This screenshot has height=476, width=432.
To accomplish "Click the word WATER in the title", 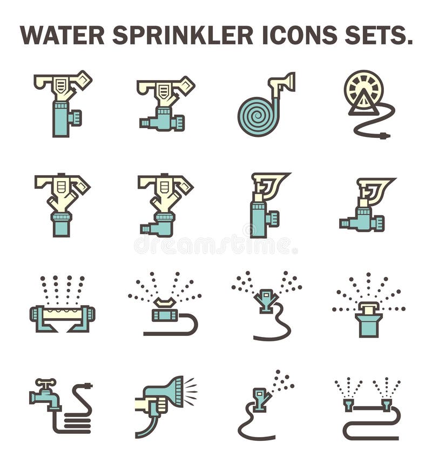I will point(63,36).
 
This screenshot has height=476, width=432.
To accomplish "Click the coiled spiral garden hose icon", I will point(258,114).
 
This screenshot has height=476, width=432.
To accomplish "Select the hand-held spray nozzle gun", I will point(165,398).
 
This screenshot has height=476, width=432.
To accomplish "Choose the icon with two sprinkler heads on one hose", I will point(368,411).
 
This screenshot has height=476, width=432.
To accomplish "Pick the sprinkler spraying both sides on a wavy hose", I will point(266,303).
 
